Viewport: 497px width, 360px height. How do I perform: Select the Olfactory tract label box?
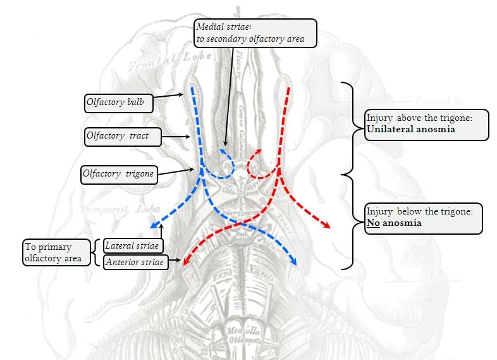click(x=123, y=136)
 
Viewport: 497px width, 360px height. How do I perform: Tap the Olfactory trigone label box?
click(x=119, y=174)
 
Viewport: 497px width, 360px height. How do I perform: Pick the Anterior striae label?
click(x=135, y=262)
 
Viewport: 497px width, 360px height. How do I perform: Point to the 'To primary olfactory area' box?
click(x=56, y=252)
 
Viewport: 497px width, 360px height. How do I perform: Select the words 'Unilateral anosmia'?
click(x=410, y=129)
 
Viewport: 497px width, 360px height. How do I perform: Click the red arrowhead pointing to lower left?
click(x=185, y=260)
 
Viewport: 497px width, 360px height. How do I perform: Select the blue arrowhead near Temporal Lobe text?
click(x=153, y=227)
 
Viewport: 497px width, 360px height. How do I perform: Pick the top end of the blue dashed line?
click(x=192, y=89)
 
